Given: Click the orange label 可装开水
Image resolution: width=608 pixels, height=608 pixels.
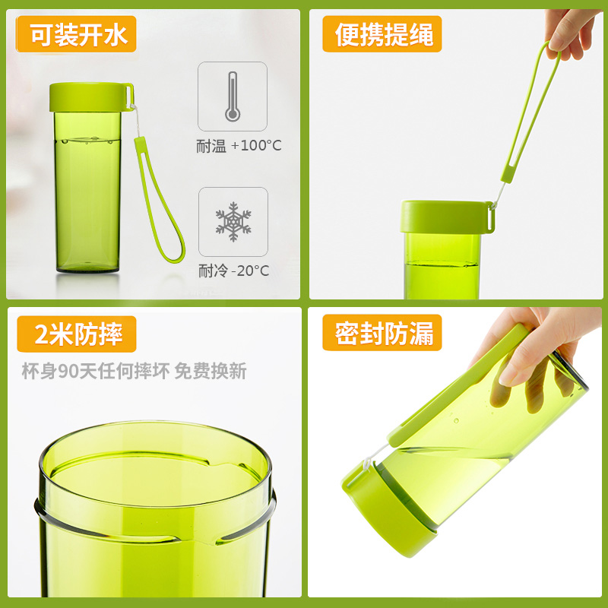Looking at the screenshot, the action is point(76,34).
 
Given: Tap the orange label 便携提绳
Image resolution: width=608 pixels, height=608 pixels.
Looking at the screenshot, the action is point(382,34).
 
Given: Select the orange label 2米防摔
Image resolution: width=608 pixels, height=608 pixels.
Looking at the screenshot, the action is point(77,334).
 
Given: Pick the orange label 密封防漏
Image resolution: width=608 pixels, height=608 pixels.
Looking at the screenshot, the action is point(382,333).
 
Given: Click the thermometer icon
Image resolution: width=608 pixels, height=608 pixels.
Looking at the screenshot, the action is point(233,97).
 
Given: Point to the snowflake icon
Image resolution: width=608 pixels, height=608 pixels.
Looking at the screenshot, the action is point(233,222).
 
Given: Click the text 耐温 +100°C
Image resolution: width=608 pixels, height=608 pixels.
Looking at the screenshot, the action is point(239,146).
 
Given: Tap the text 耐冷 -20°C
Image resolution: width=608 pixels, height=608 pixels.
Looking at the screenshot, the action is point(233,271).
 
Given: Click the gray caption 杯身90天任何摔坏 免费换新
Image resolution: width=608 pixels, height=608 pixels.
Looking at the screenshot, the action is point(135,371).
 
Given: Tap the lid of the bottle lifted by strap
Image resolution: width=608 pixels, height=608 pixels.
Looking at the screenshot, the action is point(447,217).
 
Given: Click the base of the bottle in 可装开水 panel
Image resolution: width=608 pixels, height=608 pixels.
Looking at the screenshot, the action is point(87,267).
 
